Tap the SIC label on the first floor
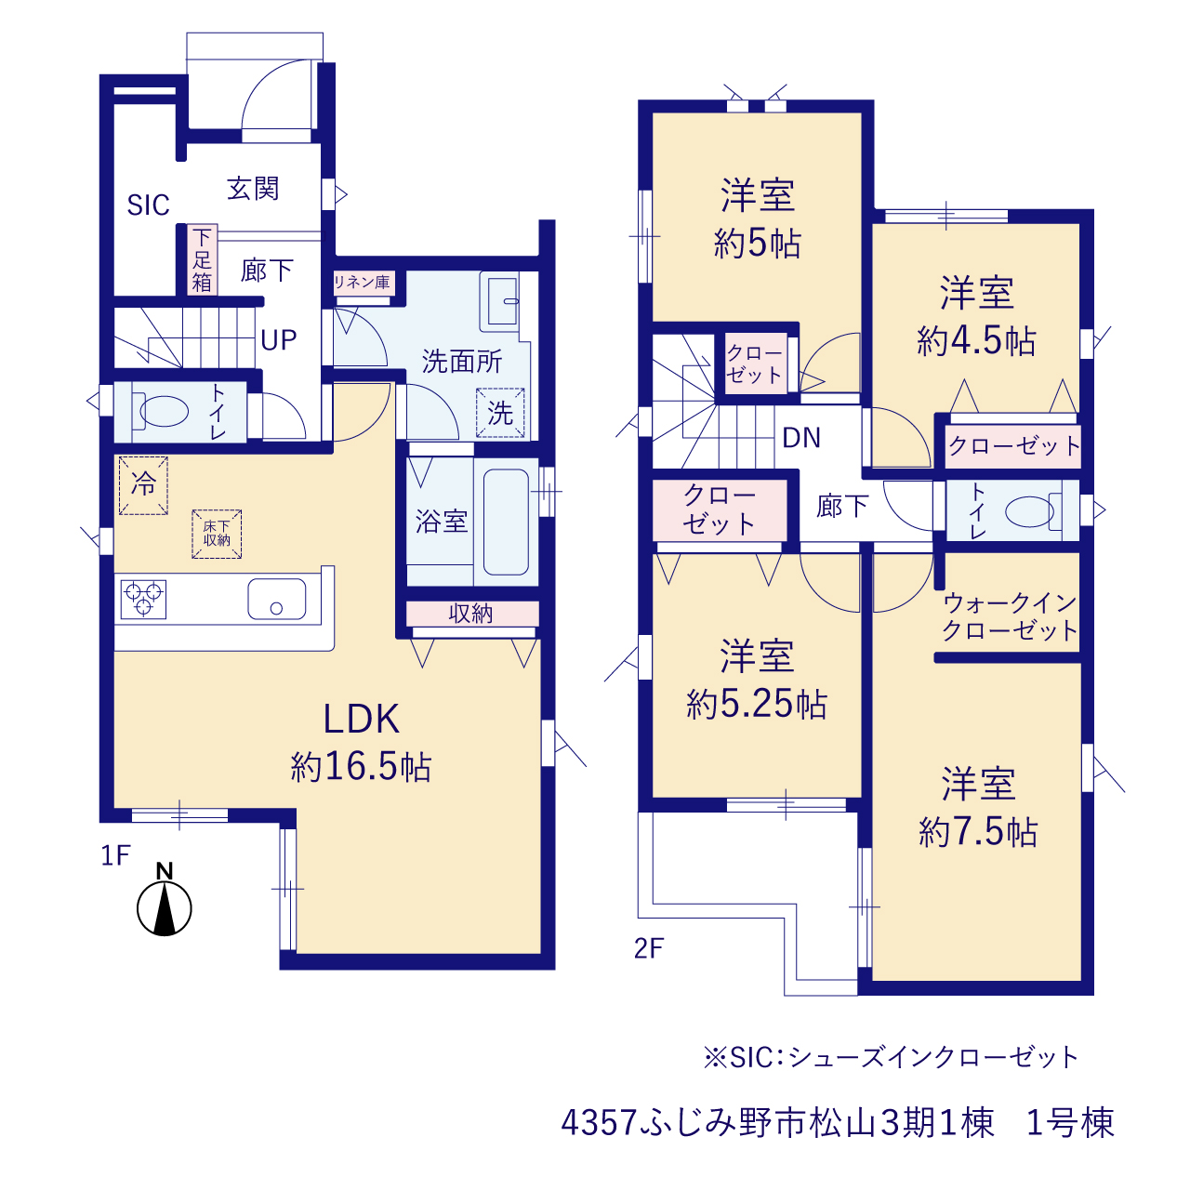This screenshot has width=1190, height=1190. coord(148,205)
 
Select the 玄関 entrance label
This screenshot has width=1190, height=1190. coord(253,189)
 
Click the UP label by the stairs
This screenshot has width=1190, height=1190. coord(279,339)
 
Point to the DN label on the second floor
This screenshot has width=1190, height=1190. coord(801,438)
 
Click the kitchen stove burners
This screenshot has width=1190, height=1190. coord(143,599)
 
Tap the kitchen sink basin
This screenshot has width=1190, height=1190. coord(277,599)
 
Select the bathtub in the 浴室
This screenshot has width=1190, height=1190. coord(506,522)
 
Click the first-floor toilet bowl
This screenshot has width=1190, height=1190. coord(164,411)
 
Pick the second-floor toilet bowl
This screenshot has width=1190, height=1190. coord(1029,511)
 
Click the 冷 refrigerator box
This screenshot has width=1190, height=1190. coord(143,485)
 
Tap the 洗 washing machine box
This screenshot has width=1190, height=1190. coord(500,413)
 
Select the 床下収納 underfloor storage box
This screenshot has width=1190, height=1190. coord(216,535)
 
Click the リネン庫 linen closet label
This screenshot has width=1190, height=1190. coord(362,283)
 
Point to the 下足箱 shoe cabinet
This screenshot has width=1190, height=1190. coord(202,259)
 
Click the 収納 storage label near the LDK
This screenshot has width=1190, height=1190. coord(470,614)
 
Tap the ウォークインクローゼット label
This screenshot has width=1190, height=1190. coord(1010,616)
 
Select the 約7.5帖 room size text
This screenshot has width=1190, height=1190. coord(978,831)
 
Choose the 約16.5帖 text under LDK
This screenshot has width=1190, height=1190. coord(361,766)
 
